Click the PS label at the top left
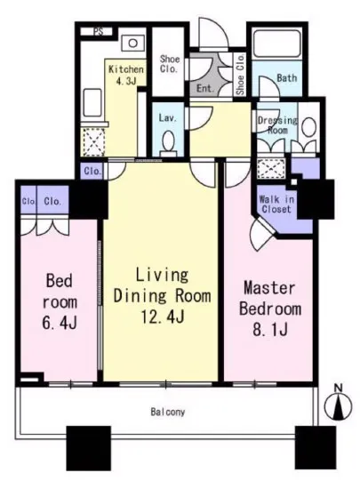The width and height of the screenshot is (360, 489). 100,32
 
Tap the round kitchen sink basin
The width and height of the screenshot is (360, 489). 133,43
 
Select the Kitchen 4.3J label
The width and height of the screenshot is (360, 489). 126,75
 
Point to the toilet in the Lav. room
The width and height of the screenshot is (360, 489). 169,144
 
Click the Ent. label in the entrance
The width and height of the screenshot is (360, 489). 205,89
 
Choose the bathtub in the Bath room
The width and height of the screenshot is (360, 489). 277,44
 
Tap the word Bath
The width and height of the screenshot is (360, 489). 287,77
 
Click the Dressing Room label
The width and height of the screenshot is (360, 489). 277,125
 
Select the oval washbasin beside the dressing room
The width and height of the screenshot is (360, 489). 308,127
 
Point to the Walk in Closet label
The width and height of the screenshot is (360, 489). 276,204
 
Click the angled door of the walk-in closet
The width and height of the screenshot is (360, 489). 263,233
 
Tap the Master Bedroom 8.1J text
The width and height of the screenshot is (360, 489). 270,309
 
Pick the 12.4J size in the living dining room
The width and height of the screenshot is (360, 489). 163,317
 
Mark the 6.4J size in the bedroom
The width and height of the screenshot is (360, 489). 60,324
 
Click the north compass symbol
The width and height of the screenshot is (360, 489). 338,405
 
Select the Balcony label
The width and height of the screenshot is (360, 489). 168,412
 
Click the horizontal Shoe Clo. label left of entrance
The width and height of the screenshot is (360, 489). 170,64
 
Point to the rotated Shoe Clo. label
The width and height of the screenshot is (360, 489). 240,75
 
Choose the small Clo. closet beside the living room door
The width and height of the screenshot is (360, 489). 92,171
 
